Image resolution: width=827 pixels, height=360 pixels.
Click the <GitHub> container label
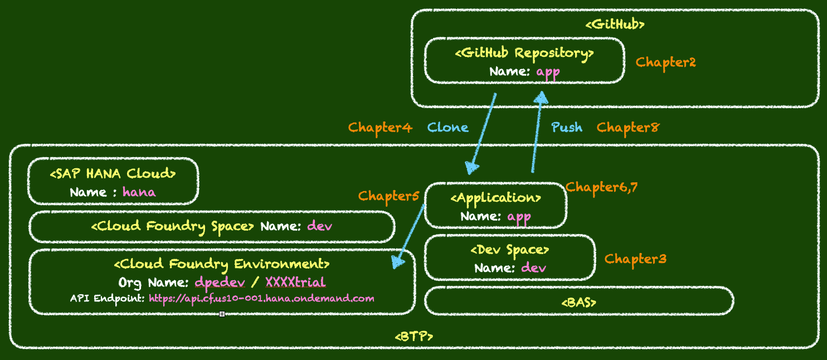click(615, 25)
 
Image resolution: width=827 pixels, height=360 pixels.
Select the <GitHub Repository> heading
click(524, 53)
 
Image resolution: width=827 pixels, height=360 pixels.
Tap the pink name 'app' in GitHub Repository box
click(548, 72)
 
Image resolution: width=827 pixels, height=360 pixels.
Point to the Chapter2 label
click(665, 62)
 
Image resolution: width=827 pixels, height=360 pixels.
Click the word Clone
click(447, 128)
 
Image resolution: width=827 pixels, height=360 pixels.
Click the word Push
click(567, 128)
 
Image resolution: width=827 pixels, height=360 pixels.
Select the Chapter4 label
click(380, 128)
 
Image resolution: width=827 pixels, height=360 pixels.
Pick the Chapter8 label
click(627, 128)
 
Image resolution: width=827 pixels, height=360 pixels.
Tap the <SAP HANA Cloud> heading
click(113, 174)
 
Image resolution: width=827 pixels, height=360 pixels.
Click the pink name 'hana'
click(139, 192)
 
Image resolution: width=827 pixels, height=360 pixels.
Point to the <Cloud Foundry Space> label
click(173, 226)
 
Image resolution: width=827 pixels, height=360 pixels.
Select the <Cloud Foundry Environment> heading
click(222, 264)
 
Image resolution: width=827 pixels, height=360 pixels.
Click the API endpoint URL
click(261, 299)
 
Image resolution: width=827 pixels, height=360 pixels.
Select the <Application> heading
click(495, 198)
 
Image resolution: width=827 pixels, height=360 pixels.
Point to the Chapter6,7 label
click(601, 188)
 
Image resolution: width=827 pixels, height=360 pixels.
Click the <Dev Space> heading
click(510, 250)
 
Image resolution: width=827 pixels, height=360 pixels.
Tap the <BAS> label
click(578, 303)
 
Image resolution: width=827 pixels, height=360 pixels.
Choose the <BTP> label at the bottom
click(413, 337)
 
